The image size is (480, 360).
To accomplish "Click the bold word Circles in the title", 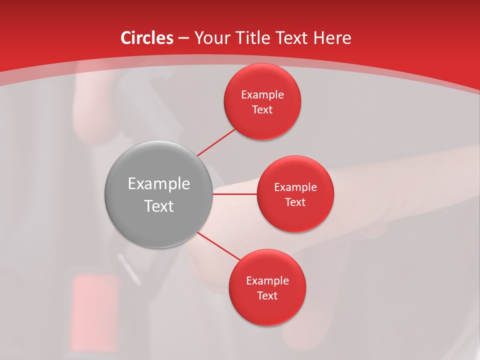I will (146, 38).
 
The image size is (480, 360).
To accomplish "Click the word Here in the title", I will (332, 38).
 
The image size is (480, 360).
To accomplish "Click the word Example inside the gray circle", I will (159, 183).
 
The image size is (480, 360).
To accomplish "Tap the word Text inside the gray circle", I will (159, 205).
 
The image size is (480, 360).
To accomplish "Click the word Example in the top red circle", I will (262, 94).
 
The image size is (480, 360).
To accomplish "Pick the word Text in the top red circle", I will (262, 109).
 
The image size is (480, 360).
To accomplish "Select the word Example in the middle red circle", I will (295, 187).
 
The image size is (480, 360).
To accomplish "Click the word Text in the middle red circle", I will (295, 202).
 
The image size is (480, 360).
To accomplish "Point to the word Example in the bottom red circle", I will (267, 280).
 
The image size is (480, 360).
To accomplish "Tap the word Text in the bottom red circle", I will (267, 295).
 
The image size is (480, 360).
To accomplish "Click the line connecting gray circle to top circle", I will (216, 142).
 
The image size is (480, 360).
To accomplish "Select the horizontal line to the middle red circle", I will (235, 194).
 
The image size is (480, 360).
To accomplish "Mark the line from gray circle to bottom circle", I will (219, 246).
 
